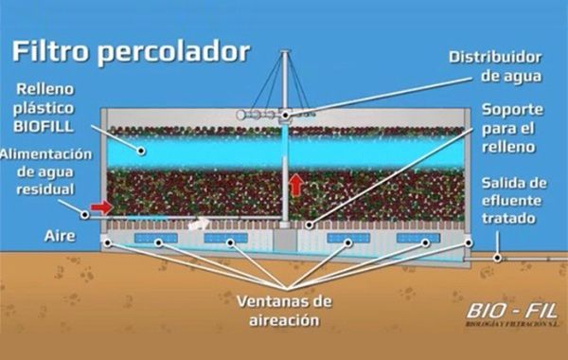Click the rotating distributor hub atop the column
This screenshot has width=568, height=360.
[285, 115]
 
